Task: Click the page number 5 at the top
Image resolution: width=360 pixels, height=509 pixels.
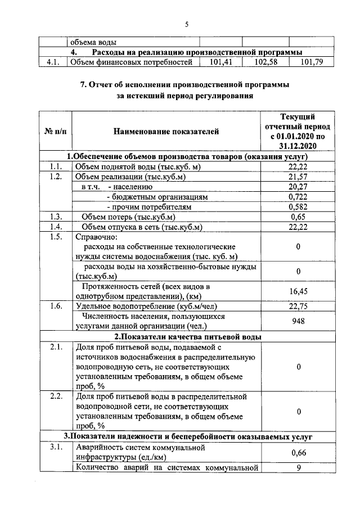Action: [x=187, y=23]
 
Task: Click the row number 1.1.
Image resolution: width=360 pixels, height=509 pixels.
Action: [x=55, y=167]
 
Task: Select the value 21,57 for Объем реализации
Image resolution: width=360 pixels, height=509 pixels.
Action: [x=298, y=177]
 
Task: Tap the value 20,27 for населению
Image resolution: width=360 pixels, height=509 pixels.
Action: [x=298, y=187]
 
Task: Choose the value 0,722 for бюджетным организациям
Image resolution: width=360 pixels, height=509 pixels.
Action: [x=298, y=197]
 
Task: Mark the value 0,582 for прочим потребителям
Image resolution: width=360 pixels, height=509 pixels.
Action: [x=298, y=208]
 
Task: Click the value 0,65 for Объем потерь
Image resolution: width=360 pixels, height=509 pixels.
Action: [x=298, y=218]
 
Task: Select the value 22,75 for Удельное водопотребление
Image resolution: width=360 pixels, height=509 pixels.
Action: [x=298, y=307]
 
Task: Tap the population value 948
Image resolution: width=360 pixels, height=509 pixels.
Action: [x=298, y=322]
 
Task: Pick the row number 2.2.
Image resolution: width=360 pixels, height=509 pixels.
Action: [x=55, y=397]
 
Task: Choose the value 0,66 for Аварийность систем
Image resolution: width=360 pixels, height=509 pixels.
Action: [x=298, y=453]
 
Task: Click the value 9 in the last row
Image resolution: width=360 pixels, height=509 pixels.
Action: [x=298, y=467]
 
